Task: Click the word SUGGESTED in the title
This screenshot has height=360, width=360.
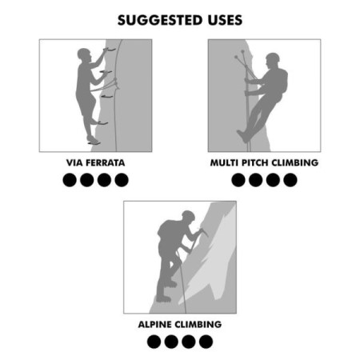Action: [x=157, y=19]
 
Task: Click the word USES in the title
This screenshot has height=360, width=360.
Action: [x=219, y=19]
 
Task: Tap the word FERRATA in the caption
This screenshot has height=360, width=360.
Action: [x=105, y=162]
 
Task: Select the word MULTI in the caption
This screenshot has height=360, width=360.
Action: [x=225, y=162]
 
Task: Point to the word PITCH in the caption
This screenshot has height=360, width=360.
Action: [x=257, y=162]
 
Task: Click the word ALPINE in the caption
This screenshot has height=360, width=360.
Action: [x=156, y=325]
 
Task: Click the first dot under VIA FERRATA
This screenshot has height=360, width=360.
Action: [x=70, y=180]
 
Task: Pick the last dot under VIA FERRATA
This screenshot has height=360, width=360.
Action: [x=121, y=180]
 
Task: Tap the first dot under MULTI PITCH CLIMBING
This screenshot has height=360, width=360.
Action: [x=238, y=180]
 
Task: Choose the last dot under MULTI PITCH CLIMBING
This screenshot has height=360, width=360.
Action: [x=290, y=180]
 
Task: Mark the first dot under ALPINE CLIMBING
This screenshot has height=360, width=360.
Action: [x=154, y=342]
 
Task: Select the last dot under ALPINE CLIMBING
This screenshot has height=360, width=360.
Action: [x=206, y=342]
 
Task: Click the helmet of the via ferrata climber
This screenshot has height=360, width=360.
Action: [x=85, y=54]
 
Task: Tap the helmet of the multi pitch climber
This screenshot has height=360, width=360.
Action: [x=273, y=58]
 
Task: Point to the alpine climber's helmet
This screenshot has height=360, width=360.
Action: [x=188, y=215]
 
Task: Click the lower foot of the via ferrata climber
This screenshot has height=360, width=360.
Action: [x=94, y=140]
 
